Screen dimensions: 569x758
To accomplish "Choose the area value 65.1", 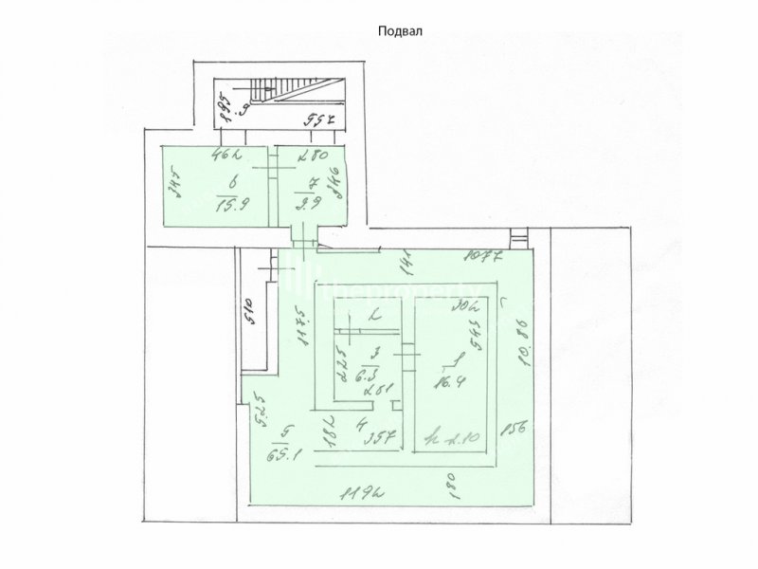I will click(x=283, y=452).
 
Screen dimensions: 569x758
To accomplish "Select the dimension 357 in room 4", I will click(x=380, y=438).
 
